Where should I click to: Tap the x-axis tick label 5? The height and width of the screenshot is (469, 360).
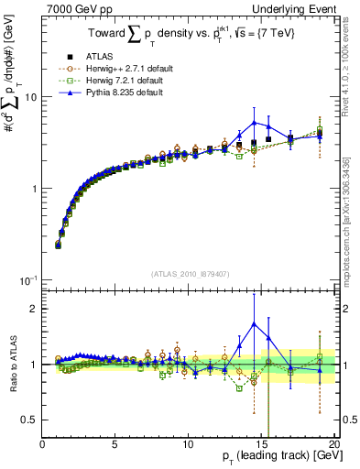click(115, 445)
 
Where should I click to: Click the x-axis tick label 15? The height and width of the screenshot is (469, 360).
click(260, 445)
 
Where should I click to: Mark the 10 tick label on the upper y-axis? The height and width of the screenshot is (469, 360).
click(30, 96)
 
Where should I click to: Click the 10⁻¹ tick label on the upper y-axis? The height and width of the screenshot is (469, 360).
click(28, 279)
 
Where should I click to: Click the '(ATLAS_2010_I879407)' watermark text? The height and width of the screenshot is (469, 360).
click(190, 274)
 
